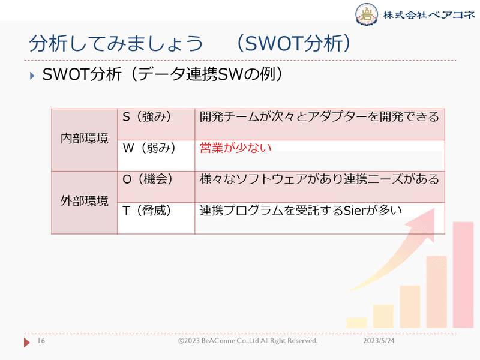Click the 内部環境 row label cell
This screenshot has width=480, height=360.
tap(85, 139)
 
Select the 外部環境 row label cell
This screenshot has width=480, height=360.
tap(85, 202)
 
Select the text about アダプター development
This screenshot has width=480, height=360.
tap(319, 117)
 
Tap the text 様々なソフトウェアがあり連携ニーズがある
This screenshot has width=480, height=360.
tap(319, 179)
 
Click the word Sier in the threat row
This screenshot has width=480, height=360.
tap(355, 211)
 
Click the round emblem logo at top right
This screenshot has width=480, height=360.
tap(367, 14)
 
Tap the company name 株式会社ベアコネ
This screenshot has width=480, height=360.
tap(427, 14)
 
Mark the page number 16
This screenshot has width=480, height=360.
tap(41, 341)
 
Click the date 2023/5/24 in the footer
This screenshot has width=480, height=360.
tap(382, 341)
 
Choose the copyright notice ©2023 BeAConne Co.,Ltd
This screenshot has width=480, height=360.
tap(247, 341)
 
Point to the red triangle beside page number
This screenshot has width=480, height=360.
tap(27, 342)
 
